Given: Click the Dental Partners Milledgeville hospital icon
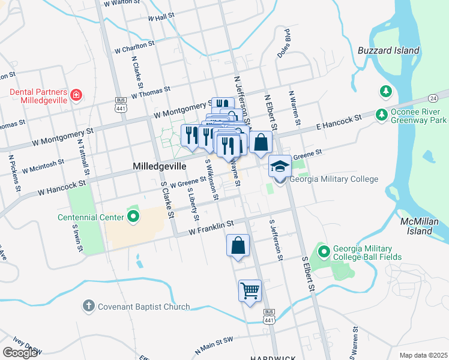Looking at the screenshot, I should tap(76, 95).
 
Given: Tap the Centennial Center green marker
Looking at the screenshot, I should tap(133, 217).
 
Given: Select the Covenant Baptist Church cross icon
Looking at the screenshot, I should tap(88, 306).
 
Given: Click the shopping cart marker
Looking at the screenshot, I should tap(250, 291).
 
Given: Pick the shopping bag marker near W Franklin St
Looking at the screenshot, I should tap(238, 245).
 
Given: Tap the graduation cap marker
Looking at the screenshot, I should tap(279, 166).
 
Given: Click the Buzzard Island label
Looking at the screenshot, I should tap(388, 50).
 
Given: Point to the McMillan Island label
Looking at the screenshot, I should tap(417, 226).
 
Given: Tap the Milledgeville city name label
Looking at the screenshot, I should tap(160, 166).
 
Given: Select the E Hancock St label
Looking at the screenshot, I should tap(339, 122).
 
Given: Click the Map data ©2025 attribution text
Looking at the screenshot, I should tap(423, 355).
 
